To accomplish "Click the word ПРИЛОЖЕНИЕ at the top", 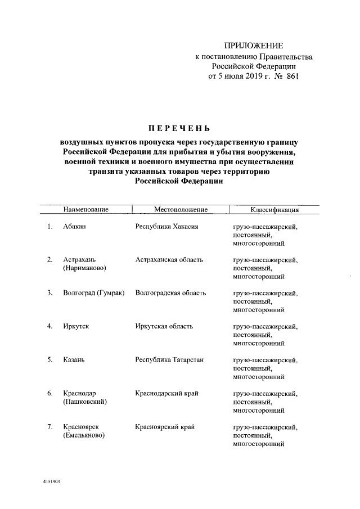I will point(254,46).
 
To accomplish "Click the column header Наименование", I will point(85,210).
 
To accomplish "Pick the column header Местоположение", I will point(181,210).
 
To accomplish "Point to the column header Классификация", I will point(274,210).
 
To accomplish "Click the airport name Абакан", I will point(76,227).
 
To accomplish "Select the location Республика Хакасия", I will point(167,227).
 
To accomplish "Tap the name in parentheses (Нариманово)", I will point(84,268).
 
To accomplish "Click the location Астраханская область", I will point(169,260).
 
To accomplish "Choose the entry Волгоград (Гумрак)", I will point(94,293).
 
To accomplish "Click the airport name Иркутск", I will point(77,326).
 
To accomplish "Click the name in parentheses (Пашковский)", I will point(85,402).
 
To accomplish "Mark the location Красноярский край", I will point(165,427).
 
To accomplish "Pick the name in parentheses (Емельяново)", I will point(84,435).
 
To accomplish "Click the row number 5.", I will point(50,359).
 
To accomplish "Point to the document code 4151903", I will point(51,482).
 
